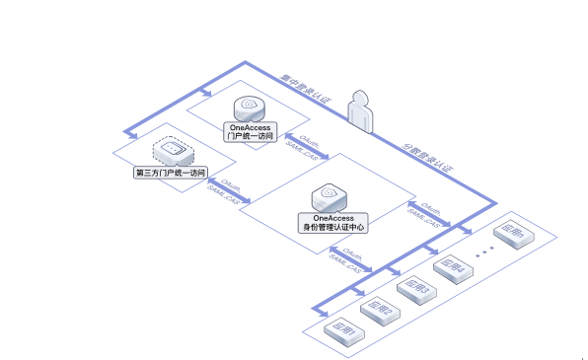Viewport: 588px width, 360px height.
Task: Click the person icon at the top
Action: point(362,109)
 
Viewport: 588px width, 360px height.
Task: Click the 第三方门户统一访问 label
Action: point(171,173)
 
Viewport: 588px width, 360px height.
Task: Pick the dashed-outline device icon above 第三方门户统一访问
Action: point(171,151)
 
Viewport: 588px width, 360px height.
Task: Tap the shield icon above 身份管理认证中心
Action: point(331,195)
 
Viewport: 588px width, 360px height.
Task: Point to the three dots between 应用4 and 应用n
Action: point(483,252)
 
